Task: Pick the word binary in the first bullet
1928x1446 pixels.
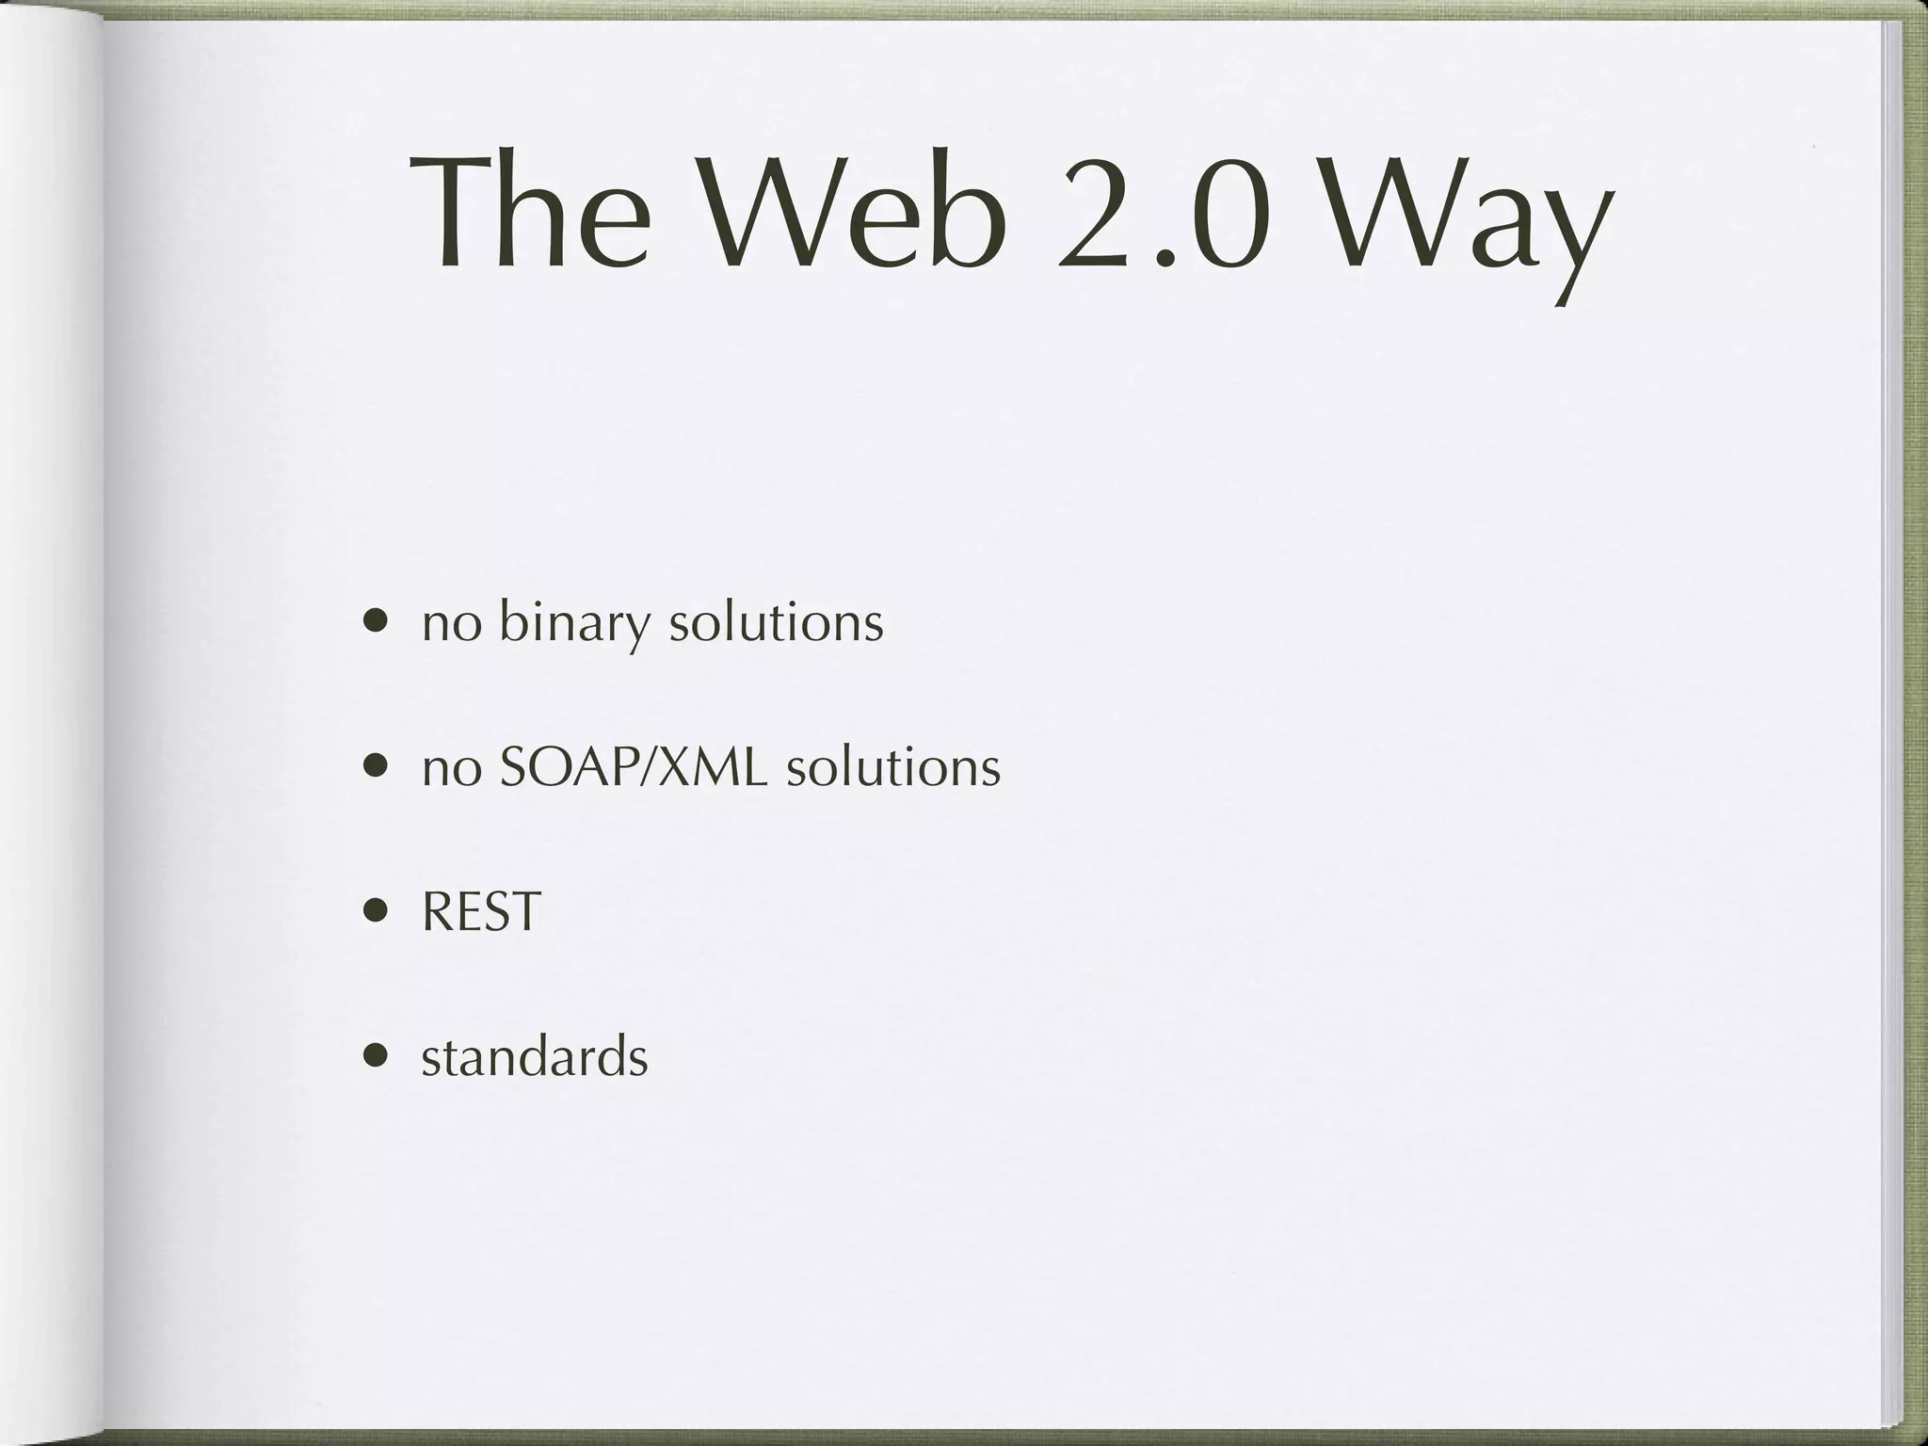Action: (573, 623)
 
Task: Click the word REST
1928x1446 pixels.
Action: (481, 911)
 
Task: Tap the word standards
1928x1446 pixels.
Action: (534, 1056)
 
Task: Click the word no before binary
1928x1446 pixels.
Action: (451, 624)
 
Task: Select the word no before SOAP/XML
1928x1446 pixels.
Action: (451, 769)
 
